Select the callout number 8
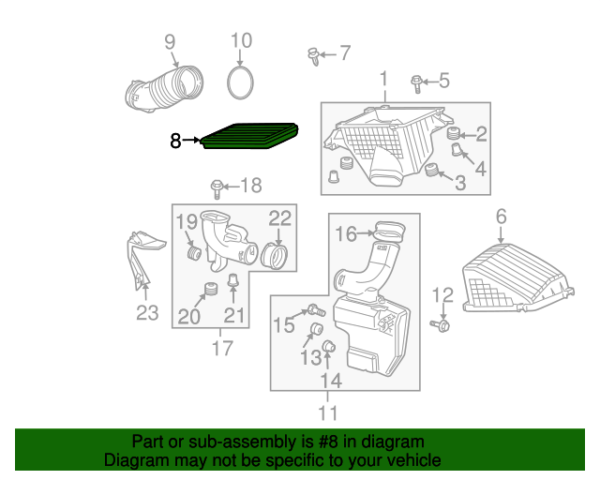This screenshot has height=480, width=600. point(175,142)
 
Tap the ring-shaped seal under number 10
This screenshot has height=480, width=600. point(242,82)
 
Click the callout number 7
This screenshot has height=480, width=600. point(344,53)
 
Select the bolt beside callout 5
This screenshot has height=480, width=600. point(416,84)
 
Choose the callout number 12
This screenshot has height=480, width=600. point(442,296)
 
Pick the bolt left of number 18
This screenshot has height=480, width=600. point(217,187)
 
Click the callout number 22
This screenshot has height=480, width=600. point(280,218)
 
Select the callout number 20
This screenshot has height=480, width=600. point(189,317)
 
